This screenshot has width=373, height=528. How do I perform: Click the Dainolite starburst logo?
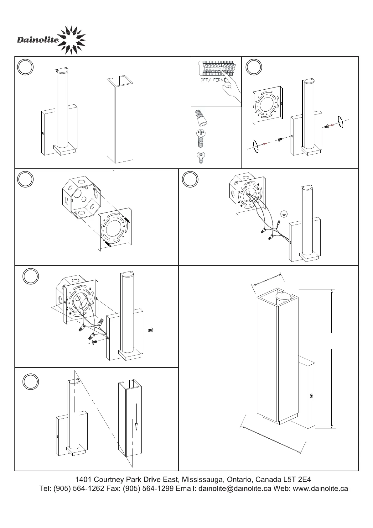pos(72,40)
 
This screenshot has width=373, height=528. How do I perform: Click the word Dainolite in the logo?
pos(38,40)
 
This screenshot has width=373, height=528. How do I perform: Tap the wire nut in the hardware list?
pos(201,118)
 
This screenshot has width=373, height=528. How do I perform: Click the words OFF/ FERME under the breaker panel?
pos(213,80)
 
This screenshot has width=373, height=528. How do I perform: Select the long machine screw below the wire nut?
pos(201,138)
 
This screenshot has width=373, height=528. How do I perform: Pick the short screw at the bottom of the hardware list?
pos(201,158)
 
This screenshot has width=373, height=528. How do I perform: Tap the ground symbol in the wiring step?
pos(284,214)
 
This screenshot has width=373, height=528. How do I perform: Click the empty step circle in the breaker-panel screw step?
pos(254,67)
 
